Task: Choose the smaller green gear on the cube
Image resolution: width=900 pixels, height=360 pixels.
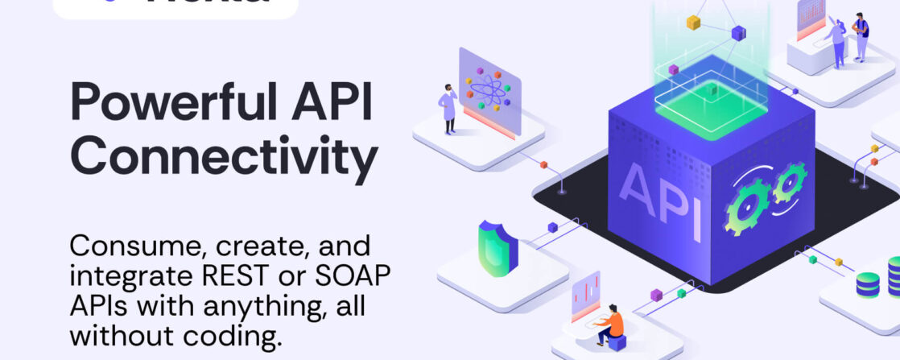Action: coord(789,183)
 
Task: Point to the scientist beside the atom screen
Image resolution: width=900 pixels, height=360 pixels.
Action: coord(448,107)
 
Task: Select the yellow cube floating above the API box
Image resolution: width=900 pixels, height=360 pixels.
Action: coord(693,23)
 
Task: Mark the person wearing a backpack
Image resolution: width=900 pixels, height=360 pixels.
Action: coord(861,35)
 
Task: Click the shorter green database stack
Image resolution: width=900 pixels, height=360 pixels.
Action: coord(868,284)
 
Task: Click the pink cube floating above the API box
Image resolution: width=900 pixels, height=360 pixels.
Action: coord(673,70)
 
